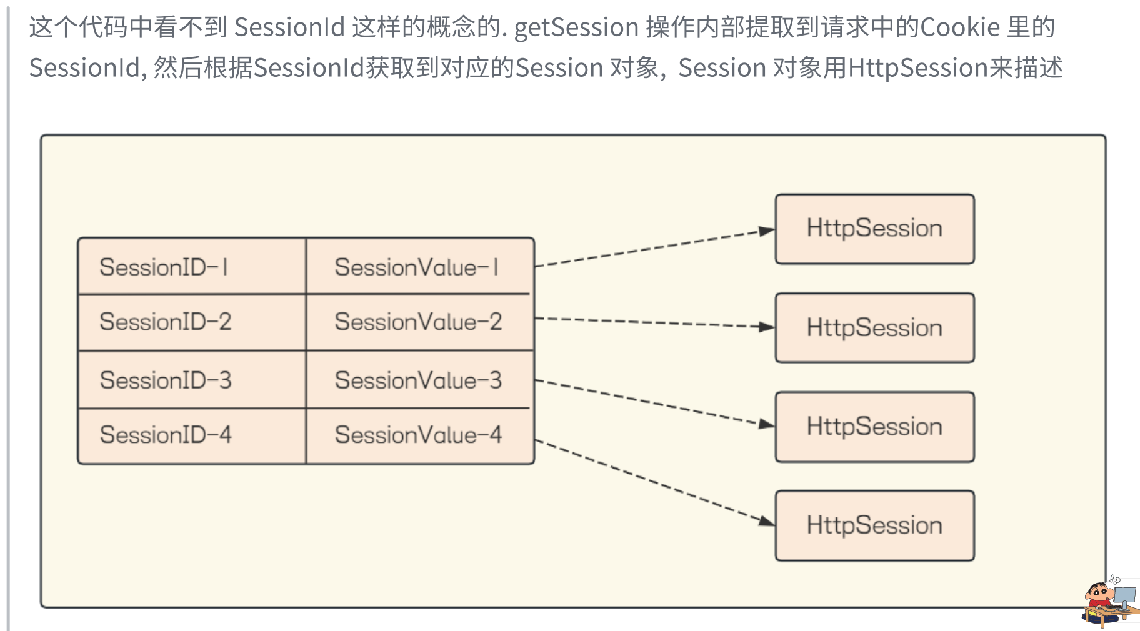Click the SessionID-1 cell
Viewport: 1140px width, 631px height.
pos(192,267)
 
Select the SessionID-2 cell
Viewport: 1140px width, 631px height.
pos(192,322)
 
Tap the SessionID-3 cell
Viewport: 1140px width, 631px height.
pos(192,380)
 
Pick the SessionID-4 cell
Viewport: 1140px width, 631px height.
pos(192,435)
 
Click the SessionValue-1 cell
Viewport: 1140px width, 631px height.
pos(419,267)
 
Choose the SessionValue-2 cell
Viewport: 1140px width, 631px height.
pos(419,322)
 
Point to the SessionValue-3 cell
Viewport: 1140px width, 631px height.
pos(419,380)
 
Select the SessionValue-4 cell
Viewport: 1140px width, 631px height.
pos(419,435)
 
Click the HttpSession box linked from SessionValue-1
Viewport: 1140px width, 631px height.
pos(874,229)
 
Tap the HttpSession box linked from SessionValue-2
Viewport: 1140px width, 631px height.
pos(874,328)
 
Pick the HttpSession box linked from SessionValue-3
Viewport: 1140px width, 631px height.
pos(874,427)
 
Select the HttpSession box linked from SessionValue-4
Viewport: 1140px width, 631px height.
pos(874,525)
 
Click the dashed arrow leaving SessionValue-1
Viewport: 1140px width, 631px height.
pos(654,248)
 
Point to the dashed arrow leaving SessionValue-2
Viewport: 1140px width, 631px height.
pos(654,322)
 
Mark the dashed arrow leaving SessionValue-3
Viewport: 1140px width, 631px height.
pos(654,403)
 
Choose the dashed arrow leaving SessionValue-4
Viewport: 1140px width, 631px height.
pos(654,482)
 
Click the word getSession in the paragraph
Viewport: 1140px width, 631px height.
pos(576,27)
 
